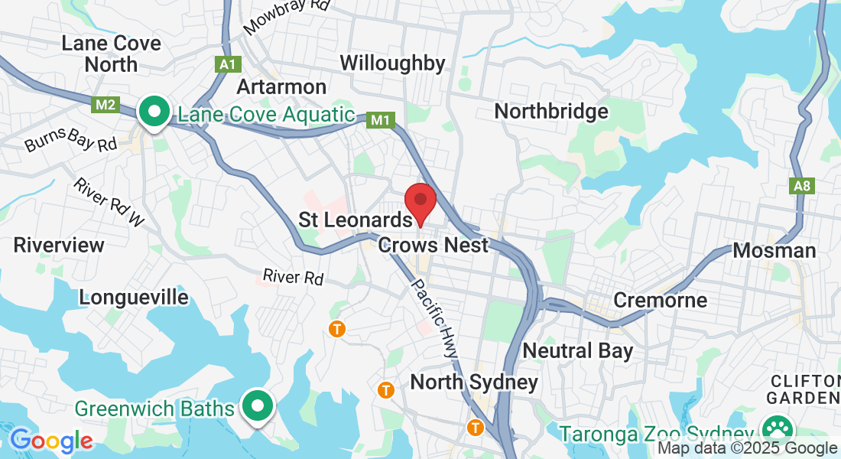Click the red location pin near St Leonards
[420, 203]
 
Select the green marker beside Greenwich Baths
[258, 406]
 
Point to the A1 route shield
[227, 65]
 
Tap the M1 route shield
[381, 120]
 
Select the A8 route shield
[800, 186]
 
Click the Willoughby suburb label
[392, 63]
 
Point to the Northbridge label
[551, 112]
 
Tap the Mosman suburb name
[774, 250]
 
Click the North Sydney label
[474, 382]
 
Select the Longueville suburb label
[134, 298]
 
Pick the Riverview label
[59, 246]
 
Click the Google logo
[51, 441]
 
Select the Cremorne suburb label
[660, 300]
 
